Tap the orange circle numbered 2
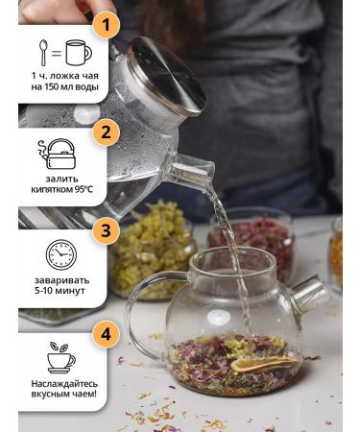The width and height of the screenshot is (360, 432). [105, 132]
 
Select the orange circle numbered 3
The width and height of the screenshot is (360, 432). [105, 231]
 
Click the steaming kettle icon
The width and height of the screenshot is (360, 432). [60, 154]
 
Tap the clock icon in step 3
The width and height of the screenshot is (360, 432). [60, 254]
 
